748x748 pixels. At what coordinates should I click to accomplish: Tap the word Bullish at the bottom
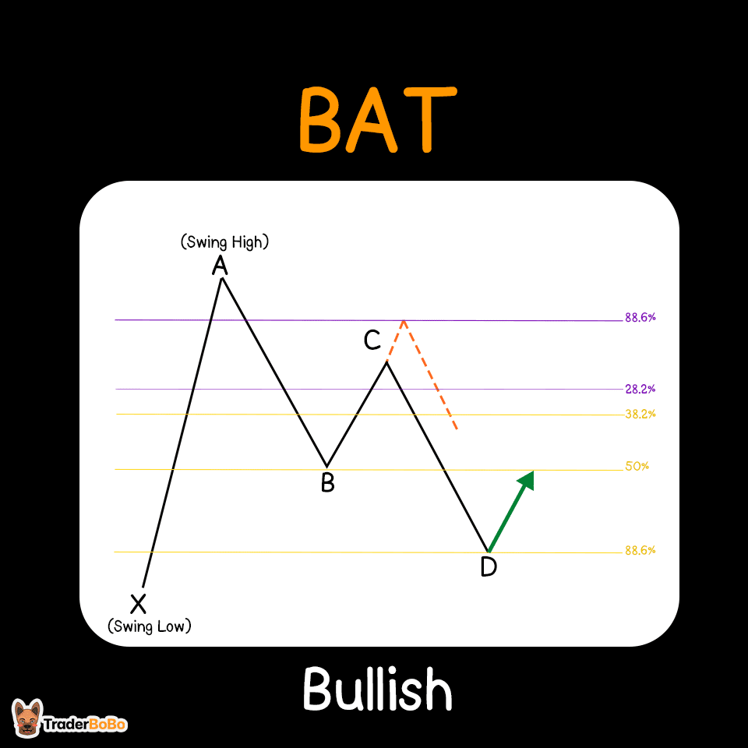point(377,690)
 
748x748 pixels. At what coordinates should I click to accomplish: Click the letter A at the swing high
point(221,266)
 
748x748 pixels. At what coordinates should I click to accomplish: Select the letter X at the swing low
point(138,602)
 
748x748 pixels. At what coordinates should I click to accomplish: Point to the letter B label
point(328,483)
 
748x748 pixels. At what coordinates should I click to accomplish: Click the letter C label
point(372,340)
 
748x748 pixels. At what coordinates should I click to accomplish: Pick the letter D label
point(489,567)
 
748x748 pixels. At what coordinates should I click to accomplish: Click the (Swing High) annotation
point(224,242)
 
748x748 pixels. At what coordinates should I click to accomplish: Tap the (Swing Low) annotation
point(149,626)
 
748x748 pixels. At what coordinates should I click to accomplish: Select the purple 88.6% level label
point(640,318)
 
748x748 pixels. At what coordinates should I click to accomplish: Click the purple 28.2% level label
point(640,389)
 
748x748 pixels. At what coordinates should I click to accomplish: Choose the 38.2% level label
point(640,414)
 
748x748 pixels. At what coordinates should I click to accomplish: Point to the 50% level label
point(637,467)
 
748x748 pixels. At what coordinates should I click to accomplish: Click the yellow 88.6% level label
point(640,550)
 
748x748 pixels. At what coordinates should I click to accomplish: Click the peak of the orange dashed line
point(403,319)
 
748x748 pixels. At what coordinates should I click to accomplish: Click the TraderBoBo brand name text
point(85,724)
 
